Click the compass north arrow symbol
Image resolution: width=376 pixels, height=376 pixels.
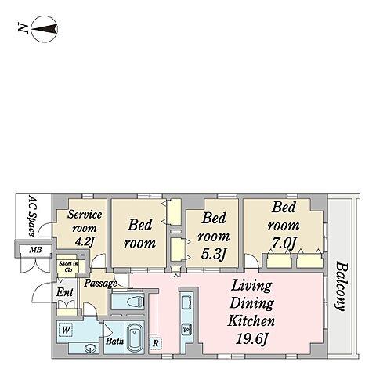coord(45,29)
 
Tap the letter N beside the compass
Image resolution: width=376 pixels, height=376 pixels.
coord(23,27)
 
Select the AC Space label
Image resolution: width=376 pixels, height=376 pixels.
coord(32,216)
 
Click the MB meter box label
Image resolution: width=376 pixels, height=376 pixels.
coord(35,250)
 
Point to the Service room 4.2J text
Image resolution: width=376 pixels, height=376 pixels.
coord(85,228)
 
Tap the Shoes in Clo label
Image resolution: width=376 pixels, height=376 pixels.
coord(68,267)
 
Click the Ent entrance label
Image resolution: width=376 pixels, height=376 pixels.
coord(65,292)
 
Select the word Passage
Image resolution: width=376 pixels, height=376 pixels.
coord(100,284)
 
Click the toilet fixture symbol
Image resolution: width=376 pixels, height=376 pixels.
coord(136,302)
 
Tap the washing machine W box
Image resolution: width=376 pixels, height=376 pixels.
coord(66,331)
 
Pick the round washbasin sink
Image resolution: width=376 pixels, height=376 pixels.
coord(91,348)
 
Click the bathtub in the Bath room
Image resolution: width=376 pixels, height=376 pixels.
coord(135,338)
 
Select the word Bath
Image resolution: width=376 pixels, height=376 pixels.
coord(114,341)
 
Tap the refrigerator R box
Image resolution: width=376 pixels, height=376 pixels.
coord(156,343)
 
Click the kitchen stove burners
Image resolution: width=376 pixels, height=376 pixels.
coord(187,329)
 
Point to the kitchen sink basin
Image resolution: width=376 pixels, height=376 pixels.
coord(187,302)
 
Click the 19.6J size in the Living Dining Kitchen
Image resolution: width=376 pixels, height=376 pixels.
coord(251,339)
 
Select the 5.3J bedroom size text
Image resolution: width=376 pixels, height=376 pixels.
coord(213,254)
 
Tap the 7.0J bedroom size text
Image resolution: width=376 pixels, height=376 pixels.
coord(284,243)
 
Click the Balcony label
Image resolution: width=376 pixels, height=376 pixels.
coord(342,287)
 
